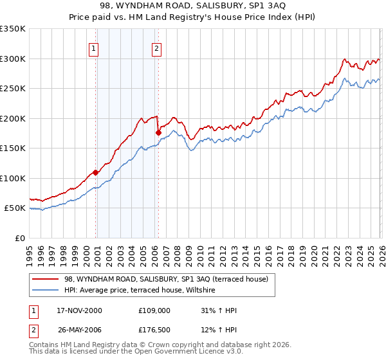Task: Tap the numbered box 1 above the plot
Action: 94,48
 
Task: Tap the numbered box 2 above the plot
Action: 156,48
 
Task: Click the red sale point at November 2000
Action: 96,172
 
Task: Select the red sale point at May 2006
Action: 158,132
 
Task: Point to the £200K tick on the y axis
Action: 13,118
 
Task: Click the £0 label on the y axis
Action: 19,238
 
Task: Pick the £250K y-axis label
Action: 13,88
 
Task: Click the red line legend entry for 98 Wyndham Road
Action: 170,278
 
